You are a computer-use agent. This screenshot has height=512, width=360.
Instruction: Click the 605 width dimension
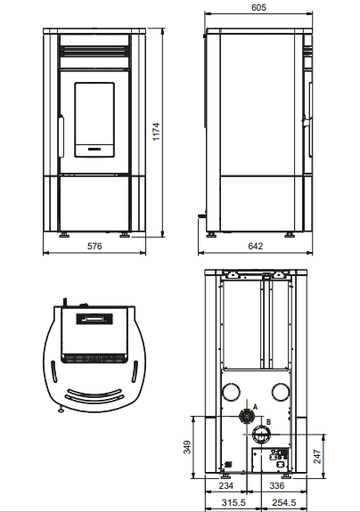tap(258, 7)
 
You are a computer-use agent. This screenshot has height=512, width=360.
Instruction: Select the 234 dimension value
tap(225, 486)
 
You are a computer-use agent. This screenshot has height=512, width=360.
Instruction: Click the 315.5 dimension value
tap(233, 503)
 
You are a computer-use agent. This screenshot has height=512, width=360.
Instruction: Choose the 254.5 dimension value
tap(285, 503)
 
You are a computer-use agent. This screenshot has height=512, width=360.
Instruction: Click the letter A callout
tap(255, 405)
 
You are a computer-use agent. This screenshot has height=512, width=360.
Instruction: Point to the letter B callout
tap(268, 421)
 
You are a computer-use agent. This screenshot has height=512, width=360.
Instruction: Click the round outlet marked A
tap(244, 417)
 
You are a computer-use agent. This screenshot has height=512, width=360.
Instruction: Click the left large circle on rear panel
tap(232, 392)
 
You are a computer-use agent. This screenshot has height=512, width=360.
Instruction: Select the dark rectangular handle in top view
tap(93, 316)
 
